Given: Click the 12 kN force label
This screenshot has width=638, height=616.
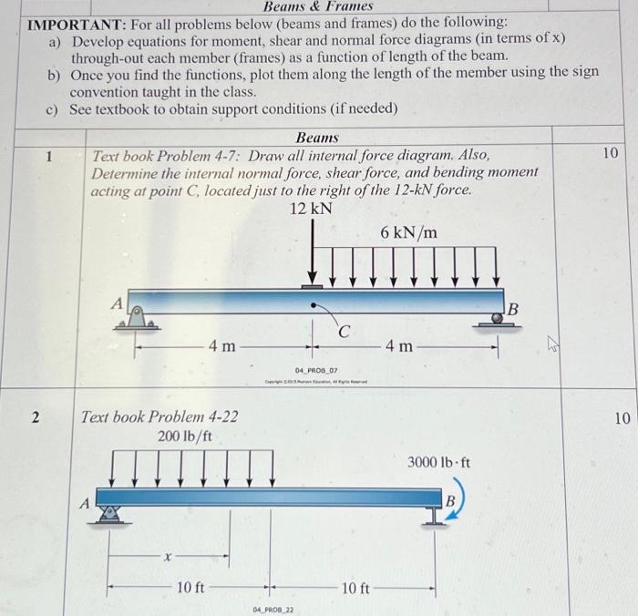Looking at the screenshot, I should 312,209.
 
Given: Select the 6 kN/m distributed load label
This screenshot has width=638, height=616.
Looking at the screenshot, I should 408,232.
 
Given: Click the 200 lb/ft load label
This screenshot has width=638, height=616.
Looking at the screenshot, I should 185,436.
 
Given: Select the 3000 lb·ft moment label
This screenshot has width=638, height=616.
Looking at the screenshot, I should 439,462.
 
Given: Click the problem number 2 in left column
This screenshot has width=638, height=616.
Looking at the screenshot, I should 35,417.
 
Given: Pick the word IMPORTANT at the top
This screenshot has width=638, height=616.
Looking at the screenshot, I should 68,21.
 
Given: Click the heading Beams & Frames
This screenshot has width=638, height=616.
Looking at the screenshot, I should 318,6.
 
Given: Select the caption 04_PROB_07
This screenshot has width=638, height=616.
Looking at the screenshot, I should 316,371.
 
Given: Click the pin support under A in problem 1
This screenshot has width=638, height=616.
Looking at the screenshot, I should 137,318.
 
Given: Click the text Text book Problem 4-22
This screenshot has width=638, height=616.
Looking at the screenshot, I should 160,417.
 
